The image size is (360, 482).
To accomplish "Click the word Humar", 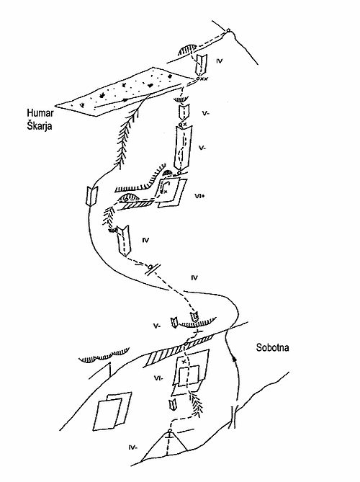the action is (x=40, y=113).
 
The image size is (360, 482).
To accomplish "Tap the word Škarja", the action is (x=39, y=126).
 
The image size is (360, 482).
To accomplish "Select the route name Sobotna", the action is (x=272, y=348).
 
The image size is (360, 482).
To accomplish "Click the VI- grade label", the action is (x=158, y=378).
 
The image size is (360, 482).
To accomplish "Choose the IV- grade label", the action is (x=132, y=447).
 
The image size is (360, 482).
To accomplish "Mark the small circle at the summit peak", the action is (x=228, y=30).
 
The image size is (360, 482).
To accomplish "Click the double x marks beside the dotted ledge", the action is (x=204, y=79).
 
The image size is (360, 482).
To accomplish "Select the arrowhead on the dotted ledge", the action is (x=125, y=100).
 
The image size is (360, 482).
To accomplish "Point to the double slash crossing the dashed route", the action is (x=153, y=269).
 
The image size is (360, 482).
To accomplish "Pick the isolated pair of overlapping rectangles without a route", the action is (x=112, y=411).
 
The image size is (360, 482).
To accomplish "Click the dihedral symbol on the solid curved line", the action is (x=92, y=196).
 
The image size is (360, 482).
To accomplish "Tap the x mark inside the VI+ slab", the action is (x=166, y=192).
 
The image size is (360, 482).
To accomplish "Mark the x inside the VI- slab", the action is (x=184, y=362).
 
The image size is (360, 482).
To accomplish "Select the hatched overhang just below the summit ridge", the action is (x=187, y=50).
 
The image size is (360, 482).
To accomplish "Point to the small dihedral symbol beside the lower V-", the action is (x=174, y=322).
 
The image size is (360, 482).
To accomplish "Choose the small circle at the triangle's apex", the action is (x=169, y=430).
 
